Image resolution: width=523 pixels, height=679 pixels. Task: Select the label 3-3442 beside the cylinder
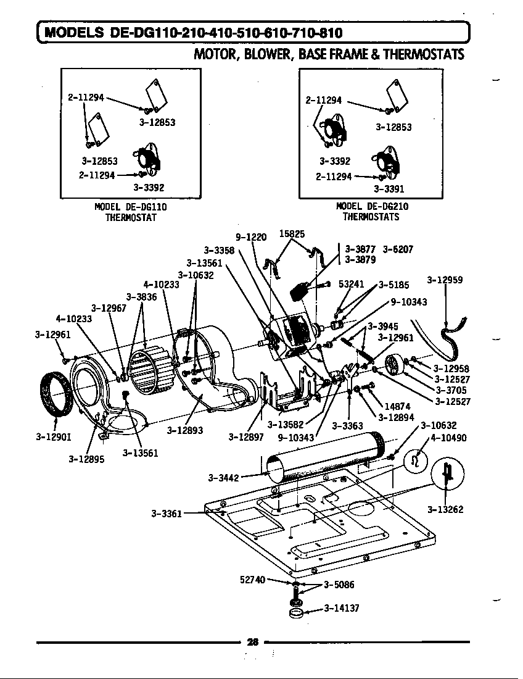tap(224, 477)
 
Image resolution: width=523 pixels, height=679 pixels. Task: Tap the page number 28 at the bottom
tap(252, 642)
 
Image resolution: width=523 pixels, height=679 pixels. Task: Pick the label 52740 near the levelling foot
tap(252, 580)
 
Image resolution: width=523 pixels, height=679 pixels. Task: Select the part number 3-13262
tap(445, 510)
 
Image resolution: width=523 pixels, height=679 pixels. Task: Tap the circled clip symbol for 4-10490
tap(415, 461)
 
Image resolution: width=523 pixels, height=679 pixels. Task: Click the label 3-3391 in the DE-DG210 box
tap(389, 190)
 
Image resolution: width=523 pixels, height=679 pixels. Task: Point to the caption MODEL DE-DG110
tap(130, 207)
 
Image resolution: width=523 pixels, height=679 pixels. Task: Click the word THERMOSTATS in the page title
tap(423, 54)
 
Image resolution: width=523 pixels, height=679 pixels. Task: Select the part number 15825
tap(292, 234)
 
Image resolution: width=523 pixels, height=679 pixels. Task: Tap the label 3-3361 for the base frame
tap(167, 513)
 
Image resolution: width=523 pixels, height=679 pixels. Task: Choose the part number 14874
tap(397, 407)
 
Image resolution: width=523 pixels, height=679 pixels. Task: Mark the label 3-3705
tap(451, 390)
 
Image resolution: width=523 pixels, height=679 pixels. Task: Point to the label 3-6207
tap(398, 249)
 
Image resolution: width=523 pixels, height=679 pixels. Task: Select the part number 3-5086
tap(339, 585)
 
